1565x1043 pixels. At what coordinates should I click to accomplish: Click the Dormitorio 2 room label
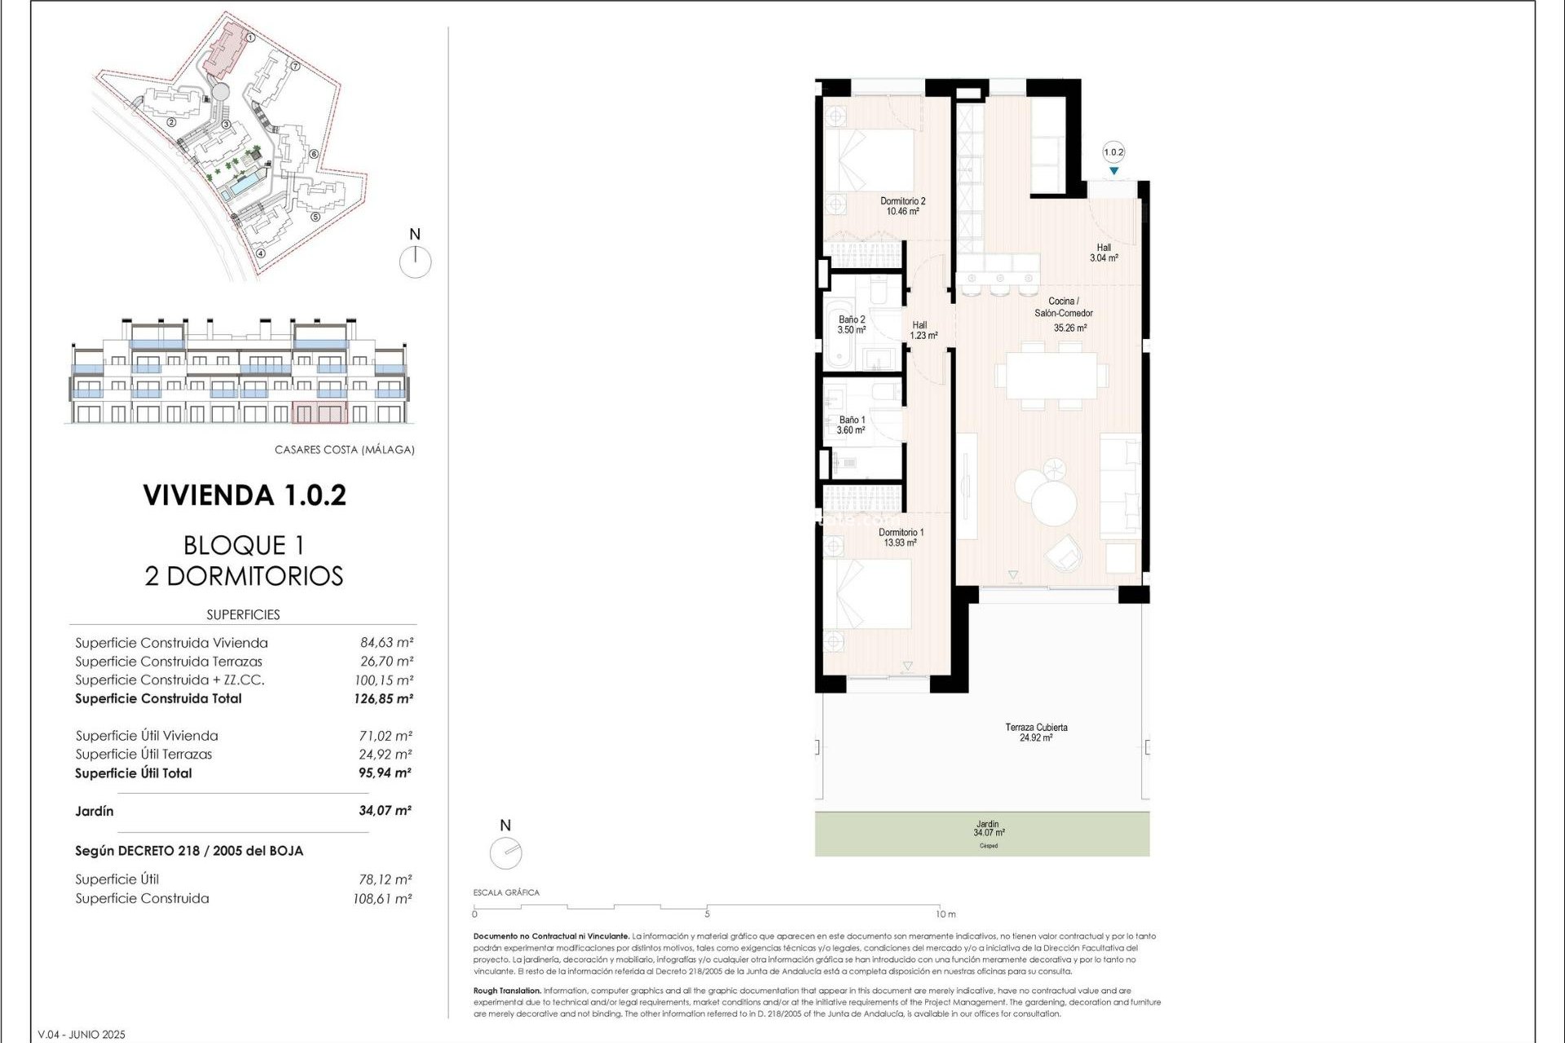point(902,205)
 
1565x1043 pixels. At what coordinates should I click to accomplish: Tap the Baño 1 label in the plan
point(851,425)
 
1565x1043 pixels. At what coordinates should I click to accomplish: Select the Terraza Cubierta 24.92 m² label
point(1036,732)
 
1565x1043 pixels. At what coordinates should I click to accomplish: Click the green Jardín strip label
point(988,829)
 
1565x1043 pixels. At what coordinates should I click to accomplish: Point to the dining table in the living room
point(1051,376)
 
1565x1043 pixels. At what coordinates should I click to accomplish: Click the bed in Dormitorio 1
point(868,595)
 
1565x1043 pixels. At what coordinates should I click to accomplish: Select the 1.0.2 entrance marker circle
point(1113,152)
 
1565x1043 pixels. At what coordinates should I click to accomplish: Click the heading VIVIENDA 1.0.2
point(245,495)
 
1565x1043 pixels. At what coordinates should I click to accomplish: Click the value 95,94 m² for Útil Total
point(385,773)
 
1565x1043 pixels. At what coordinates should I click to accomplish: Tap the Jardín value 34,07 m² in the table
point(385,811)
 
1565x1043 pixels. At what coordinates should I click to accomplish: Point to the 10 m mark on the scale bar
point(945,913)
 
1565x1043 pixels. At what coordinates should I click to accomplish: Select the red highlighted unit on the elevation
point(320,412)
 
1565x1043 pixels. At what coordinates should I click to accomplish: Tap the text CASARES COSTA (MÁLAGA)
point(344,450)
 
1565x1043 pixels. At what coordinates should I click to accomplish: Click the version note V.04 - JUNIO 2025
point(82,1034)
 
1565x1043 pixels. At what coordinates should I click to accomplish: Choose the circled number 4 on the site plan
point(260,253)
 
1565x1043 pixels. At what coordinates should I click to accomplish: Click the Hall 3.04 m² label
point(1104,253)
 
